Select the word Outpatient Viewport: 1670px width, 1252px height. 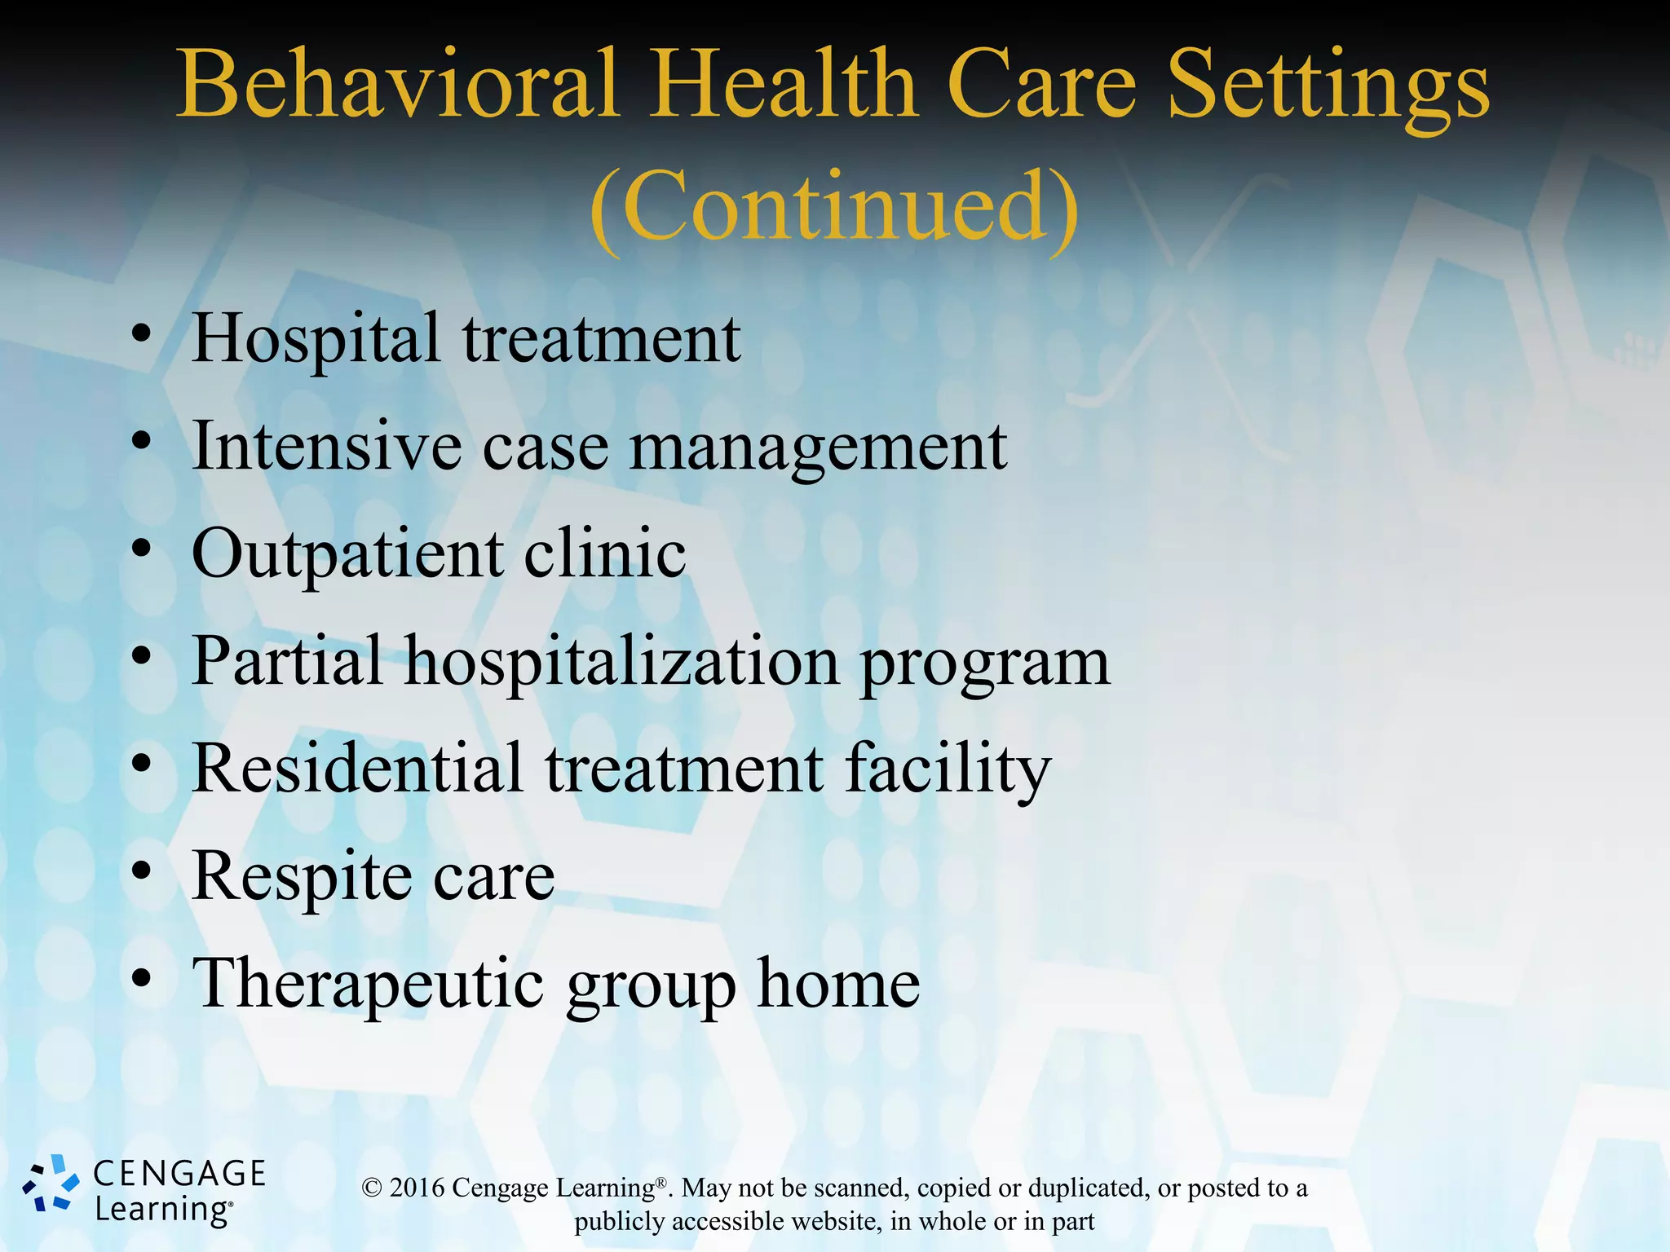[x=347, y=554]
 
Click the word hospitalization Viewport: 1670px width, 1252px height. [x=622, y=662]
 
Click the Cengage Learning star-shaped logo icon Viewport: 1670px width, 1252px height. [x=51, y=1184]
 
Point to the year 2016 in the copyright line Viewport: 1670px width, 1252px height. [x=417, y=1188]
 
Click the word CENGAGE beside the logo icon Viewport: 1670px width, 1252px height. [x=179, y=1174]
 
